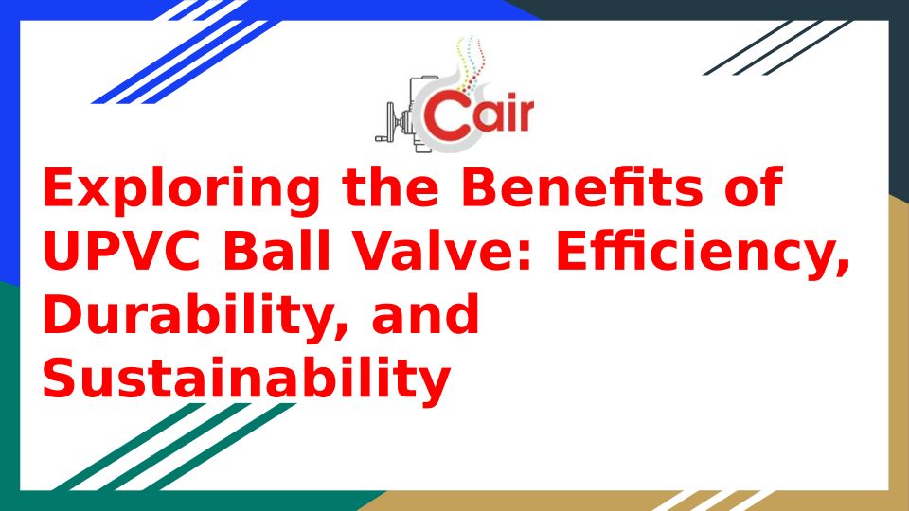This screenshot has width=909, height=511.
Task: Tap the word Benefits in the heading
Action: pyautogui.click(x=581, y=187)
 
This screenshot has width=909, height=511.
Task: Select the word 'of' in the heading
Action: pyautogui.click(x=754, y=187)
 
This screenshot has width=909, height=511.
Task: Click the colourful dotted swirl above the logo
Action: pyautogui.click(x=472, y=63)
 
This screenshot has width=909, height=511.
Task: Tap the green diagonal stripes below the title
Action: pyautogui.click(x=174, y=447)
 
